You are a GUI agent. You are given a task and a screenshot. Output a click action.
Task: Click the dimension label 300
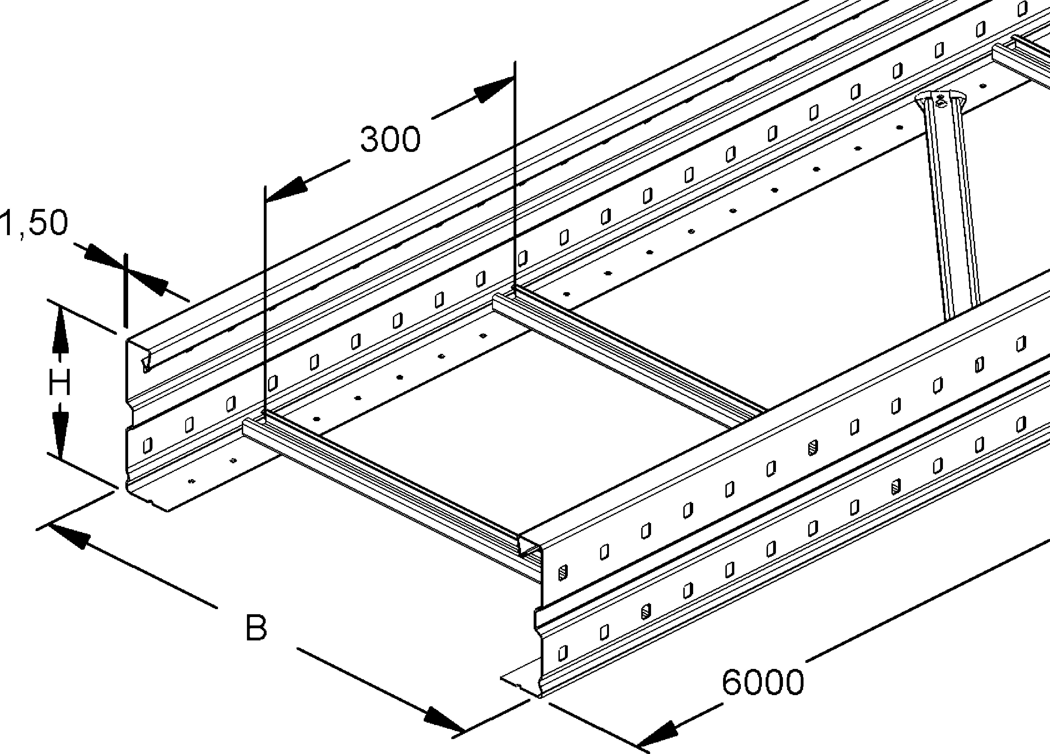pos(390,140)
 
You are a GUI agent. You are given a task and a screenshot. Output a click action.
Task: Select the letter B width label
pos(256,628)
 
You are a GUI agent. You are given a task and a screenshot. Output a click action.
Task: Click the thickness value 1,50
pos(33,223)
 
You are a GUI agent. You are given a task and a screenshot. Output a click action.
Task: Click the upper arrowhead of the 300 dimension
pos(494,89)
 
